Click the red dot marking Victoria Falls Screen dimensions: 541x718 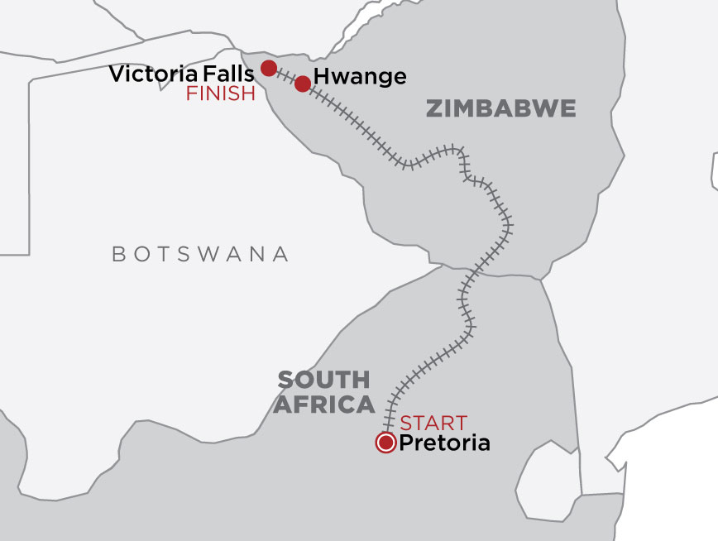point(269,68)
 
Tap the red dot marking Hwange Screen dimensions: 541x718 point(303,84)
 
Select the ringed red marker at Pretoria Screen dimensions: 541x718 point(385,443)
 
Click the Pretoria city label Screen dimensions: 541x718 point(444,443)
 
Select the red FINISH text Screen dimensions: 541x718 point(221,93)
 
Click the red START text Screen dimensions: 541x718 point(433,423)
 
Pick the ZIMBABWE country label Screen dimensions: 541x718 point(500,108)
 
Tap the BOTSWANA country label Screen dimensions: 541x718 point(201,254)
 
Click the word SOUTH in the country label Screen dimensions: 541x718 point(323,381)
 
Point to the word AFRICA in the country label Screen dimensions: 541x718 point(326,405)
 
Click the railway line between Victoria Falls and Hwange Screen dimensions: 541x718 point(286,76)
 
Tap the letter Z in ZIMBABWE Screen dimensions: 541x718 point(433,108)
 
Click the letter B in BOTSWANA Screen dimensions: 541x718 point(118,254)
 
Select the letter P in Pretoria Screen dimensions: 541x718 point(405,443)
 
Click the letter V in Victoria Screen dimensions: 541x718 point(117,74)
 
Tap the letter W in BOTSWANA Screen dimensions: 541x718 point(218,254)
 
